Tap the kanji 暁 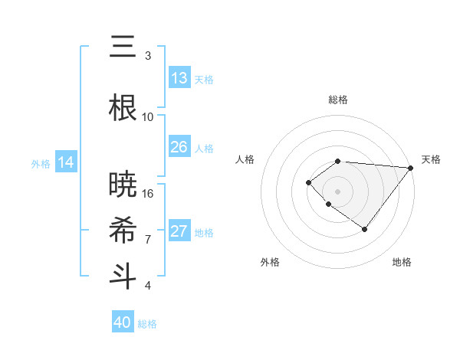(123, 185)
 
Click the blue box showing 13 (179, 79)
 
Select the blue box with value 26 (179, 148)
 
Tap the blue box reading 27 (179, 232)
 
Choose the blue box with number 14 (66, 162)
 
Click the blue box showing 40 (123, 322)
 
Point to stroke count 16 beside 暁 (148, 193)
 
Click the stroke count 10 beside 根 (148, 116)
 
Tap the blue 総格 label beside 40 (147, 324)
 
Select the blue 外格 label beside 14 (40, 163)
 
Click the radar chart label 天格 (431, 159)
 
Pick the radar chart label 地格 (402, 263)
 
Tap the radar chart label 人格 (245, 159)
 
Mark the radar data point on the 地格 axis (365, 229)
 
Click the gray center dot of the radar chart (338, 191)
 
